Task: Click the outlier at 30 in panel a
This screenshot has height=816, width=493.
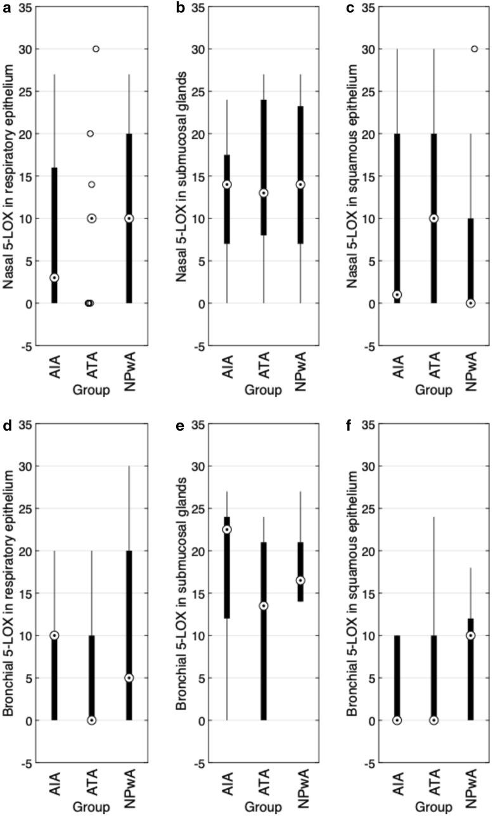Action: pos(96,49)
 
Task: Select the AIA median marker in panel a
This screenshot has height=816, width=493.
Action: pos(54,277)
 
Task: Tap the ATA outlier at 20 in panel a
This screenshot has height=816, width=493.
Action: pos(91,134)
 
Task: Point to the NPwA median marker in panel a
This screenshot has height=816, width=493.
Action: pos(129,218)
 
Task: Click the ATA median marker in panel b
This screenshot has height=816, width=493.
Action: pos(264,193)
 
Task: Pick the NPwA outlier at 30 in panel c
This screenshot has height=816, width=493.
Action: pos(475,49)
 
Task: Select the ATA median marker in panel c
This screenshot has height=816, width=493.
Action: pos(434,218)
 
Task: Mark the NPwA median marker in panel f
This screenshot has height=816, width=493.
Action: pos(471,635)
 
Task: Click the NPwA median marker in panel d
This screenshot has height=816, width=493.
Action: pos(129,678)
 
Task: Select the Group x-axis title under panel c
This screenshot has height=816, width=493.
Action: pos(433,390)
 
